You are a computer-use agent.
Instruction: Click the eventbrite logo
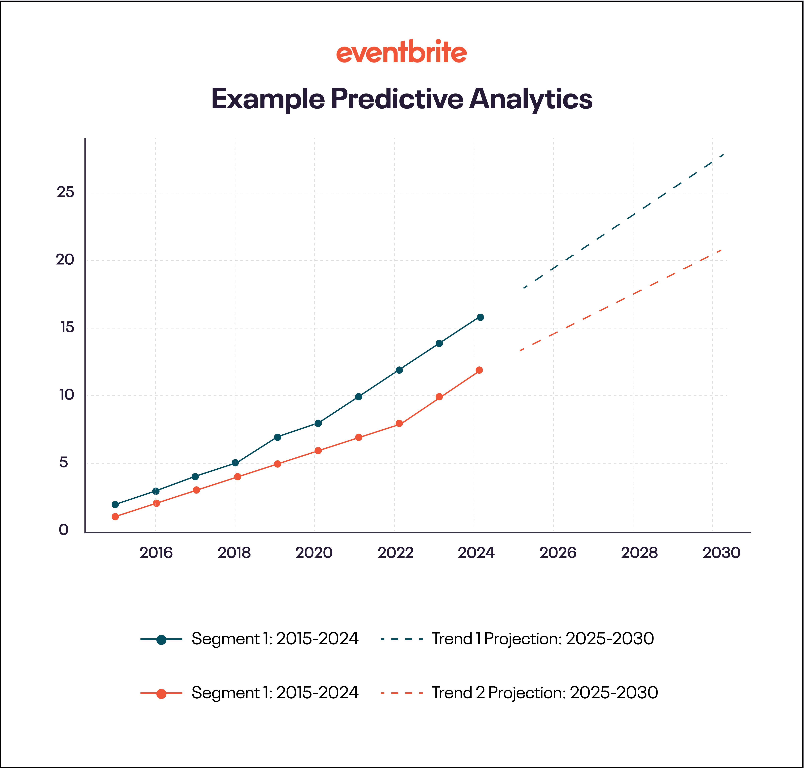click(402, 52)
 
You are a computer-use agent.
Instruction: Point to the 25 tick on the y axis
click(66, 192)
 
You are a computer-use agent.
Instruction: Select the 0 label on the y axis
click(63, 530)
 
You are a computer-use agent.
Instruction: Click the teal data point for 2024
click(480, 317)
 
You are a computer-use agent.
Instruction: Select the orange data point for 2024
click(479, 370)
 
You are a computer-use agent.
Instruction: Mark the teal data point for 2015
click(115, 504)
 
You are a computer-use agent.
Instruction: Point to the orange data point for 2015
click(115, 517)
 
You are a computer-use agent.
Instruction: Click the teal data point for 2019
click(277, 437)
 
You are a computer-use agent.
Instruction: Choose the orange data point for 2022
click(399, 424)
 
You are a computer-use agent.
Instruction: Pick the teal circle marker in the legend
click(161, 639)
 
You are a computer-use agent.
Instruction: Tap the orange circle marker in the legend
click(161, 694)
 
